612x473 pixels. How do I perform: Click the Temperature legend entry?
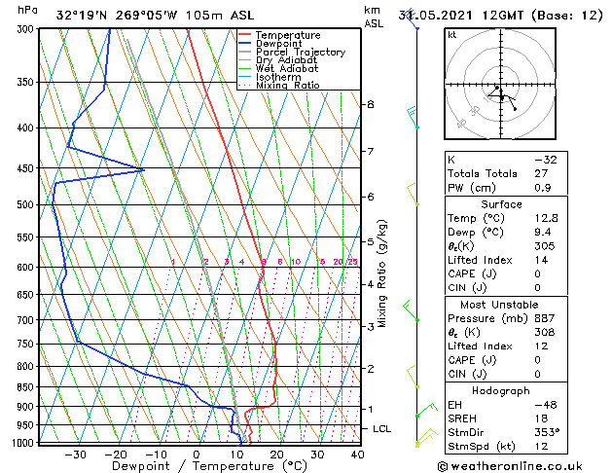point(288,35)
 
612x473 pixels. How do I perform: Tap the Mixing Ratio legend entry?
point(287,86)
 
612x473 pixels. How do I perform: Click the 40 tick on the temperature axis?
point(357,454)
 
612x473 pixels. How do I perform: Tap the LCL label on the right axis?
point(383,428)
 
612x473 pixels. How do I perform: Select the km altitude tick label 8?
point(370,104)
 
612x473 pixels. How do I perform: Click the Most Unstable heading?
point(494,304)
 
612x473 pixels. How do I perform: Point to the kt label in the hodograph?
point(451,34)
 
